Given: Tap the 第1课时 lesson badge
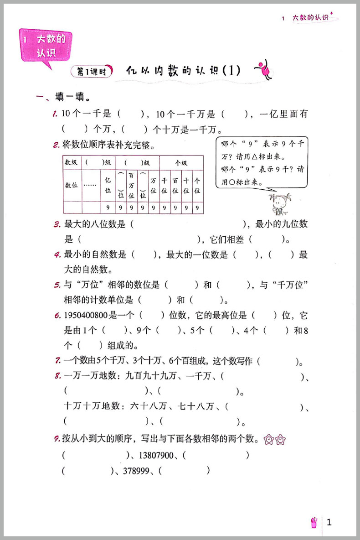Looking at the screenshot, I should (92, 71).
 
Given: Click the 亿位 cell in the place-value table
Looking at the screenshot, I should (108, 185).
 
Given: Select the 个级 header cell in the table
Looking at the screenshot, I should (181, 162).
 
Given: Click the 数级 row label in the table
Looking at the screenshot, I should (72, 162).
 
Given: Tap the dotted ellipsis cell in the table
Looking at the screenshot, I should (90, 185).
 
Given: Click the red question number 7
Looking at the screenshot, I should (57, 361).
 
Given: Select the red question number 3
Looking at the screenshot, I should (57, 224).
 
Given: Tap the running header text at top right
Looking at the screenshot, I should (310, 18).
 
